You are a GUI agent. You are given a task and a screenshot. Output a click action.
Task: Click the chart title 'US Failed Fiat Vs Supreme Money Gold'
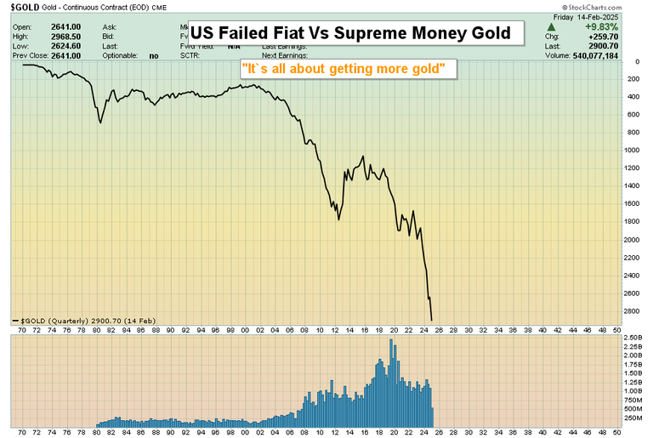tap(349, 34)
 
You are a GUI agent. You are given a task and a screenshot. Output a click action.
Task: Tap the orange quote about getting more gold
tap(349, 68)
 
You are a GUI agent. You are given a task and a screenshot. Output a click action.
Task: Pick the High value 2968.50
tap(64, 36)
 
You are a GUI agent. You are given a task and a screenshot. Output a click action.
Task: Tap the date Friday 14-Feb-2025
tap(605, 17)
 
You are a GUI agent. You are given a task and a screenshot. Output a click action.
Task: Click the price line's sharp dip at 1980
tap(100, 122)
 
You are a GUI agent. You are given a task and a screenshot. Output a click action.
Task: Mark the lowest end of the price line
tap(432, 321)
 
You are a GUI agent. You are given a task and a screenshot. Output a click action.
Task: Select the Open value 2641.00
tap(64, 26)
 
